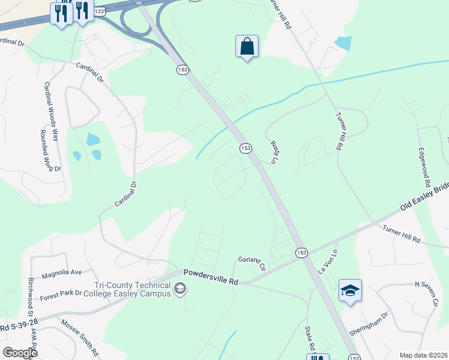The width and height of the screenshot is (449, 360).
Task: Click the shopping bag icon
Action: click(247, 46)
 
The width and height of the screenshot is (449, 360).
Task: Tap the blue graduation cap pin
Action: click(350, 291)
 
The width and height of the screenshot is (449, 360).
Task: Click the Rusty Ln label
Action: click(277, 151)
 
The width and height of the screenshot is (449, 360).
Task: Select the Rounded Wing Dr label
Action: click(51, 151)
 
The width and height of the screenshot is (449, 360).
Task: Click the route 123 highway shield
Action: click(100, 11)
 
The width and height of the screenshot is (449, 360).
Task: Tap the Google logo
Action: click(20, 353)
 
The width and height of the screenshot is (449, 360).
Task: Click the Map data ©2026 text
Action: click(423, 355)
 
